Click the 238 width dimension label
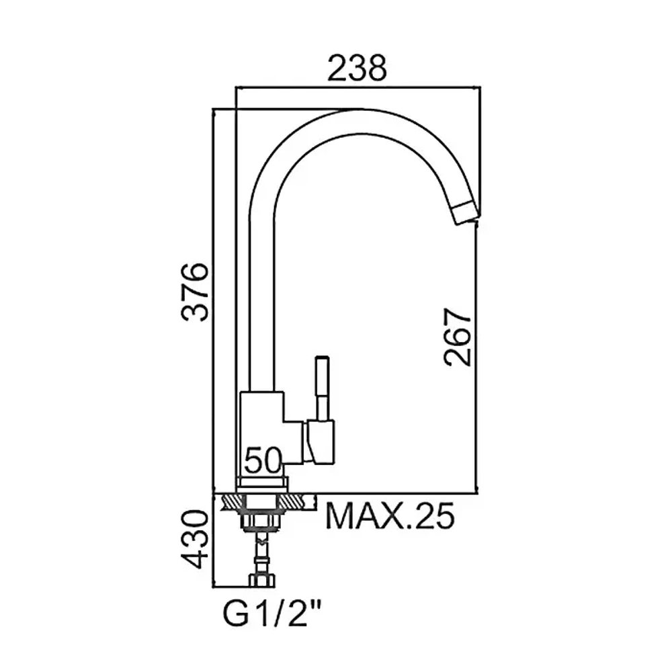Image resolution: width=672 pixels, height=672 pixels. [x=357, y=68]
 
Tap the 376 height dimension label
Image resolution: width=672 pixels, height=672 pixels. [x=195, y=292]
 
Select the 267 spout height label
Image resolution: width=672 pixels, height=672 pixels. [x=458, y=337]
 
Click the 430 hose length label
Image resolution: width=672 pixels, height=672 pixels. [x=195, y=539]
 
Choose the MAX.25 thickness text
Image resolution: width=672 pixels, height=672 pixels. [x=390, y=516]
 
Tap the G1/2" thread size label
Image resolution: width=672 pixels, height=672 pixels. [x=273, y=615]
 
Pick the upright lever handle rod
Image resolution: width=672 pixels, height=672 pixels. [x=322, y=388]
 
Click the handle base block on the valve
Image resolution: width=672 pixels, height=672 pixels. [x=319, y=442]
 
